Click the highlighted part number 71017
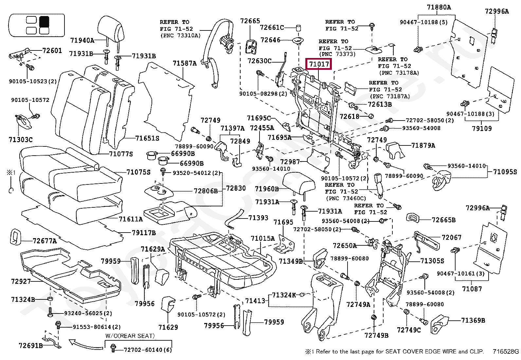[x=319, y=64]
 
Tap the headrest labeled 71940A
[x=111, y=29]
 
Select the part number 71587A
[x=185, y=63]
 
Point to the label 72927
[x=21, y=281]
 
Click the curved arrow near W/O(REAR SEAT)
[x=86, y=345]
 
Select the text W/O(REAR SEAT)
[x=130, y=336]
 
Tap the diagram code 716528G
[x=506, y=351]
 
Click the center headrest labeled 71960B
[x=299, y=184]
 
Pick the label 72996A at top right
[x=497, y=11]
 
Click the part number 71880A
[x=439, y=8]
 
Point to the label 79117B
[x=144, y=233]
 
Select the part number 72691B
[x=31, y=346]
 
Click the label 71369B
[x=473, y=320]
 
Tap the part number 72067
[x=451, y=237]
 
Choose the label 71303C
[x=21, y=140]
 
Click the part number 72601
[x=52, y=50]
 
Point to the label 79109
[x=482, y=128]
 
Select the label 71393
[x=258, y=218]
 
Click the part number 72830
[x=236, y=188]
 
